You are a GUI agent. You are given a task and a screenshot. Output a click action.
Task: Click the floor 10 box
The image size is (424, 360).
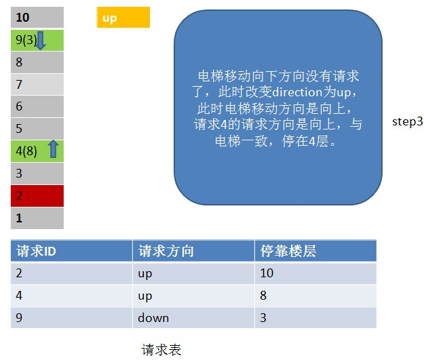coord(37,18)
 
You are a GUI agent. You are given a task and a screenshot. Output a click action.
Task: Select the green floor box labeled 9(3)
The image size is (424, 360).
coord(37,40)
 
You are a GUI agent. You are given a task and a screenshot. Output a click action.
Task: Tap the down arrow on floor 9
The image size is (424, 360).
coord(41,40)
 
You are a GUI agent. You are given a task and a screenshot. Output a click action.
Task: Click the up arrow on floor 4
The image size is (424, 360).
coord(54,149)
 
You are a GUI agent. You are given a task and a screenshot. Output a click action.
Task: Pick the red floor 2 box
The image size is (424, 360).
coord(37,196)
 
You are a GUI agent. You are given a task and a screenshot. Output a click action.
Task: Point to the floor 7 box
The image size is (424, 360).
coord(37,84)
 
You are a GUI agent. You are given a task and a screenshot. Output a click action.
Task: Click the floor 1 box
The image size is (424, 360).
coord(37,218)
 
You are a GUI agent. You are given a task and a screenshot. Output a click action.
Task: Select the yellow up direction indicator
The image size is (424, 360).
coord(123,18)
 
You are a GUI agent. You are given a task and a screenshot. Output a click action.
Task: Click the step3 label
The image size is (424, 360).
coord(408,121)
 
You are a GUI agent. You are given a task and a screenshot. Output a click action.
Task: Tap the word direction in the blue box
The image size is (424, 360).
coord(298,92)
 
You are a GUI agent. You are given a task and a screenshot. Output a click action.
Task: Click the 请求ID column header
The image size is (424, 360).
coord(71,251)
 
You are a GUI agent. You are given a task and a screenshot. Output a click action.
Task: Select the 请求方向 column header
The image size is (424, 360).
coord(193,251)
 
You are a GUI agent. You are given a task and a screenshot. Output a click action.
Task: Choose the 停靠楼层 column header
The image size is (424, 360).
coord(315,251)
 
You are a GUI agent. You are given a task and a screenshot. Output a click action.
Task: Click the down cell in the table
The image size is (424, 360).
coord(193,318)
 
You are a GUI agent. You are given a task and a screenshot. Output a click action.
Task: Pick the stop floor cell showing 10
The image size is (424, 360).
coord(315,273)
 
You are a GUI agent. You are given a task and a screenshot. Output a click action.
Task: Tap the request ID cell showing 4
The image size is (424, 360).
coord(71,296)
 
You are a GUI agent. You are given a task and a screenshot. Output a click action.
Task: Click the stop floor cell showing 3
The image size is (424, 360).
coord(315,318)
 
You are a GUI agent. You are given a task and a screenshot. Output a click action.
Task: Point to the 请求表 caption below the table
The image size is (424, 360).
coord(161,350)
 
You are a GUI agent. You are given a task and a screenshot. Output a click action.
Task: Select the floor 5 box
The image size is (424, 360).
coord(37,129)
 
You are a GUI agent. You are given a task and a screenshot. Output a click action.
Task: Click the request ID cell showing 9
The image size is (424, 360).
coord(71,318)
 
